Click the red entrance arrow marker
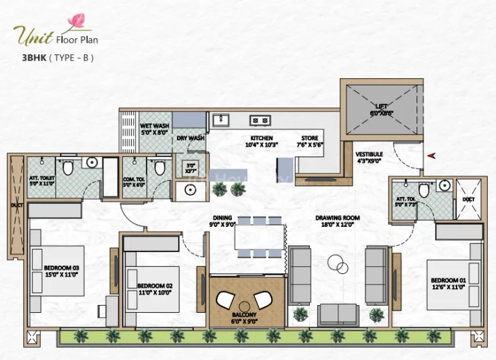(x=431, y=155)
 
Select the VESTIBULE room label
(x=369, y=154)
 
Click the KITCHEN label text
(x=262, y=138)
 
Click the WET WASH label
(x=154, y=126)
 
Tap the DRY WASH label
(x=191, y=138)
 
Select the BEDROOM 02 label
(x=155, y=284)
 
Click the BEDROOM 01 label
(x=446, y=282)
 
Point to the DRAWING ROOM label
(x=337, y=218)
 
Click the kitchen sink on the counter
(x=222, y=120)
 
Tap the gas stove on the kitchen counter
(x=260, y=120)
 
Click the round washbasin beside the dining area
(x=191, y=189)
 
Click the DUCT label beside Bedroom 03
(x=15, y=208)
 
